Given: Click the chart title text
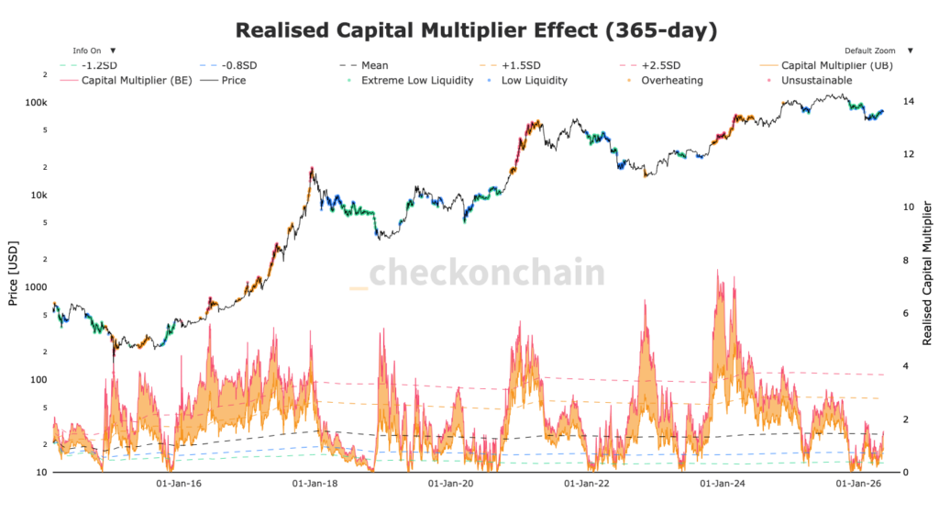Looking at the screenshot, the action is click(x=476, y=30).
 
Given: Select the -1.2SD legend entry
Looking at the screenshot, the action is click(x=89, y=65).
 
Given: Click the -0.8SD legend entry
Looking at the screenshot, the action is click(x=228, y=65).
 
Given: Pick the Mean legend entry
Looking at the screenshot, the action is click(x=364, y=65).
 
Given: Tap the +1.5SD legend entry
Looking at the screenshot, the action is click(x=510, y=65).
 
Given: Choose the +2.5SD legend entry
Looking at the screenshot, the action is click(x=650, y=65).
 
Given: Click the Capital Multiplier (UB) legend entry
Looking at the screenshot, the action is click(x=826, y=65).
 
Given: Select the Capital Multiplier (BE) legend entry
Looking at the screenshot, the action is click(x=127, y=80).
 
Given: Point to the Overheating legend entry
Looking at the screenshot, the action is click(x=666, y=80).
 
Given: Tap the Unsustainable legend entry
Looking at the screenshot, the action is click(x=810, y=80).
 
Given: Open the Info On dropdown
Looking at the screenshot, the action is click(x=94, y=50).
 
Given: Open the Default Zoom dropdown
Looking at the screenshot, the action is click(x=878, y=50).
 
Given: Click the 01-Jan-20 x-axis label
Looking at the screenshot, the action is click(x=450, y=484).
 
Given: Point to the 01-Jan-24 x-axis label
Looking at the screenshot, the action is click(x=723, y=484).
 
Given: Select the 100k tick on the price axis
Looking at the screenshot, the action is click(x=36, y=103).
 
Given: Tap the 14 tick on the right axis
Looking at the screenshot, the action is click(x=909, y=101).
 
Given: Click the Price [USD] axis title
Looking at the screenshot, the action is click(x=13, y=274).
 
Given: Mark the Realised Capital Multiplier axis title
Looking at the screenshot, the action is click(x=927, y=274).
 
